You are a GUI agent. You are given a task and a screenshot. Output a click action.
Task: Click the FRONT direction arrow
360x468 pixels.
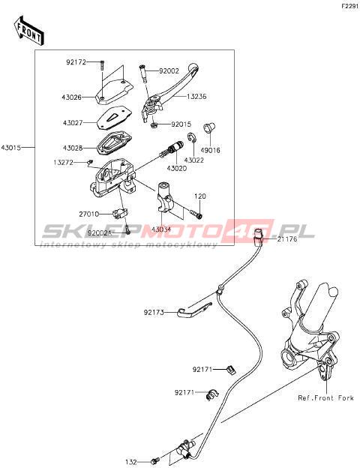tap(29, 31)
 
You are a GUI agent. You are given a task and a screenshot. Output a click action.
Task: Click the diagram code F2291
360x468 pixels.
tap(349, 6)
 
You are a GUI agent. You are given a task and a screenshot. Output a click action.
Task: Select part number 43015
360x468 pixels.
tap(11, 148)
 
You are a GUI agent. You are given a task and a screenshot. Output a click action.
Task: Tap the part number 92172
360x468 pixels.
tap(76, 62)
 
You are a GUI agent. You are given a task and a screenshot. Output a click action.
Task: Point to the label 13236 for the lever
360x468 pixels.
tap(196, 97)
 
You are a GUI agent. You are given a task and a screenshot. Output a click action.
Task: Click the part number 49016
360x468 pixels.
tap(210, 150)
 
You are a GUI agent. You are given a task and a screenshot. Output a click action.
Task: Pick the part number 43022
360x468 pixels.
tap(194, 160)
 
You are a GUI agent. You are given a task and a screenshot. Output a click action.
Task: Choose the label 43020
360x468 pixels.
tap(177, 169)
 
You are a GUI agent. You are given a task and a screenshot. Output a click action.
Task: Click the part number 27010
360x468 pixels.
tap(89, 214)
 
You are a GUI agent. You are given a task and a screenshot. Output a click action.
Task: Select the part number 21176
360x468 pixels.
tap(287, 239)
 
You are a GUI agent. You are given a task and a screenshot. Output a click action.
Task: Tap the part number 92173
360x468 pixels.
tap(154, 313)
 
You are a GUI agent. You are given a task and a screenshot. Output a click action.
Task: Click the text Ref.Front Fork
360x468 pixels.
tap(325, 397)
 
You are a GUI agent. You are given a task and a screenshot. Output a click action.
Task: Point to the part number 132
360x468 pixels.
tap(130, 462)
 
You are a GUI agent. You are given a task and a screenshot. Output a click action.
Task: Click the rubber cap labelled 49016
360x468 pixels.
tap(210, 127)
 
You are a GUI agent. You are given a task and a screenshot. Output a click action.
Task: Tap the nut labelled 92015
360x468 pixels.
tap(154, 124)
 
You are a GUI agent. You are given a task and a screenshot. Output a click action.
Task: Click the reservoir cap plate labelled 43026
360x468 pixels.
tap(114, 91)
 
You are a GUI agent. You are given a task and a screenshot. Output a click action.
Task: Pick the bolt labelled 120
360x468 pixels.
tap(196, 214)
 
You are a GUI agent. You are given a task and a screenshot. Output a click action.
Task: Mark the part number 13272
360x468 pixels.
tap(63, 163)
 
